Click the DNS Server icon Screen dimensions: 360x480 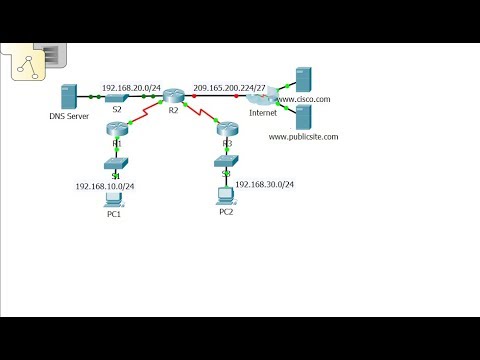point(69,97)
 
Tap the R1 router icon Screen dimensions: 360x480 point(117,127)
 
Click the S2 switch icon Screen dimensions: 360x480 point(117,97)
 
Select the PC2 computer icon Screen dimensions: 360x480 point(226,195)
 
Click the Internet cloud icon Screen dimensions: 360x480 point(262,97)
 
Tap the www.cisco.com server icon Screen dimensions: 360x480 point(303,78)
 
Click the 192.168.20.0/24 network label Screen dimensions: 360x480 point(130,87)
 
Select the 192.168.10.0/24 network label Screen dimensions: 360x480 point(105,186)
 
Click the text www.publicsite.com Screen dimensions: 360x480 point(304,136)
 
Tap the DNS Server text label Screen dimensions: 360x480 point(69,117)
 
